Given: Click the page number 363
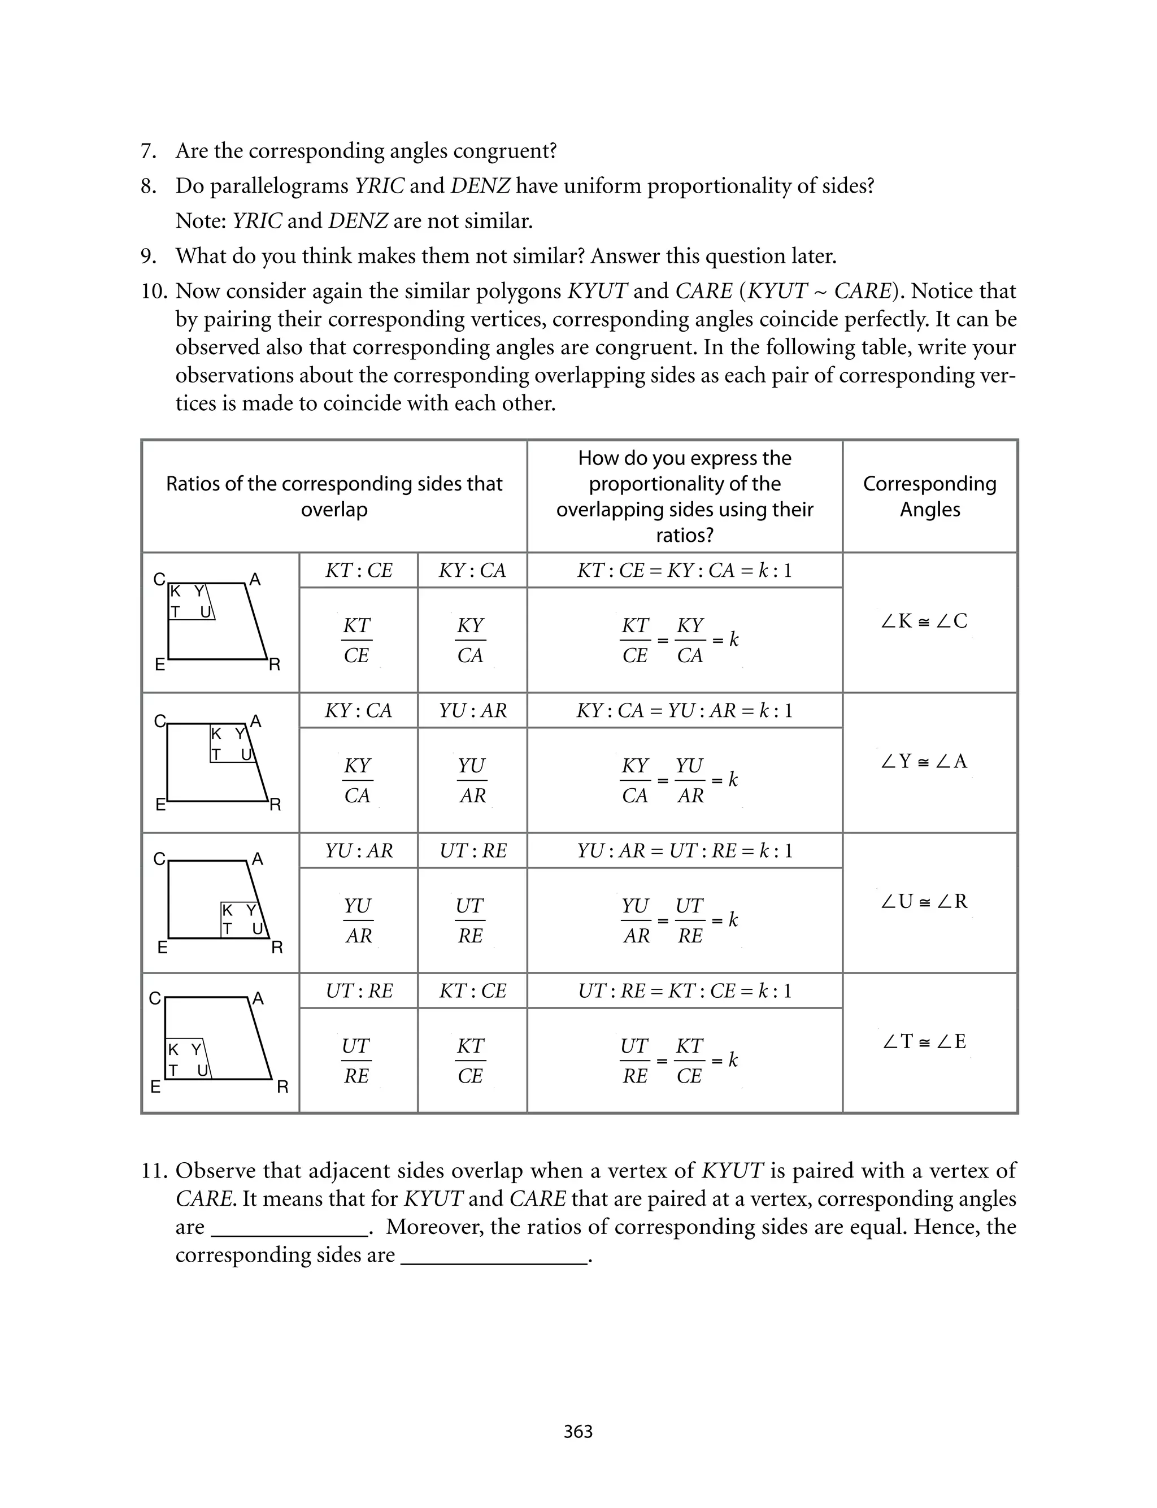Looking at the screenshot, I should pyautogui.click(x=578, y=1432).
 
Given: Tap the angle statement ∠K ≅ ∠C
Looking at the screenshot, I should pyautogui.click(x=924, y=621).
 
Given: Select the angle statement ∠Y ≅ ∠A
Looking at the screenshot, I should pyautogui.click(x=924, y=761).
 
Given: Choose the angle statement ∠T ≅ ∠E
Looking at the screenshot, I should pyautogui.click(x=924, y=1041).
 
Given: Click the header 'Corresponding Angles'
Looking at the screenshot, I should pyautogui.click(x=930, y=497).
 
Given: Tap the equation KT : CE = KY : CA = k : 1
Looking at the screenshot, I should pyautogui.click(x=685, y=570).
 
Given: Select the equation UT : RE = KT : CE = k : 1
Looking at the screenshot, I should pyautogui.click(x=685, y=991).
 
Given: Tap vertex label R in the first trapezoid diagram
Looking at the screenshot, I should pyautogui.click(x=274, y=664).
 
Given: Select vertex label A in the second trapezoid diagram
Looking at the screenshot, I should pyautogui.click(x=255, y=721).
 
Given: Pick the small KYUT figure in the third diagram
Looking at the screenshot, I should pyautogui.click(x=242, y=920).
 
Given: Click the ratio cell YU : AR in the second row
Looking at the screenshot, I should pyautogui.click(x=472, y=711).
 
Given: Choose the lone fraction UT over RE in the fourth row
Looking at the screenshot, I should pyautogui.click(x=356, y=1061).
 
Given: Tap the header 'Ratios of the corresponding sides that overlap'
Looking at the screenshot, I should pyautogui.click(x=334, y=497).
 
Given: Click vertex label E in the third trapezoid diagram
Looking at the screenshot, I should pyautogui.click(x=163, y=948).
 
